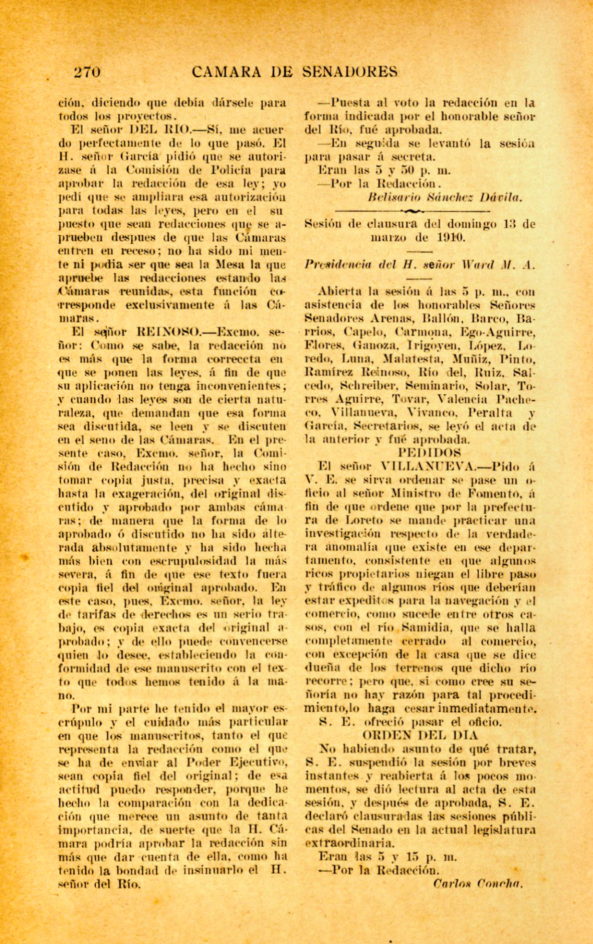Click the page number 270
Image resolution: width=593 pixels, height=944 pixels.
point(87,72)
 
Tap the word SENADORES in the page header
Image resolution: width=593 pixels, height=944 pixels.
point(351,72)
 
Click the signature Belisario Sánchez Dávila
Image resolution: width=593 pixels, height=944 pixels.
point(445,198)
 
